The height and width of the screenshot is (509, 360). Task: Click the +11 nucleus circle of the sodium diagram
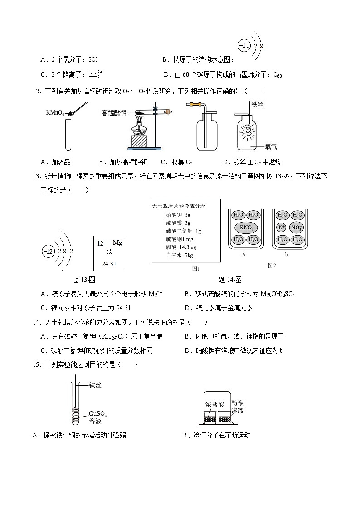click(x=244, y=46)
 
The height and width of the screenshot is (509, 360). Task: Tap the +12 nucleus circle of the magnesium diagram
click(x=48, y=251)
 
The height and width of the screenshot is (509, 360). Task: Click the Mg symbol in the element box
click(x=117, y=243)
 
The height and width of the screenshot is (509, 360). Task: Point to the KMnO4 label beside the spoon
click(x=55, y=112)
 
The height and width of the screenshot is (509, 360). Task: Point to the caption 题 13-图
click(x=83, y=280)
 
